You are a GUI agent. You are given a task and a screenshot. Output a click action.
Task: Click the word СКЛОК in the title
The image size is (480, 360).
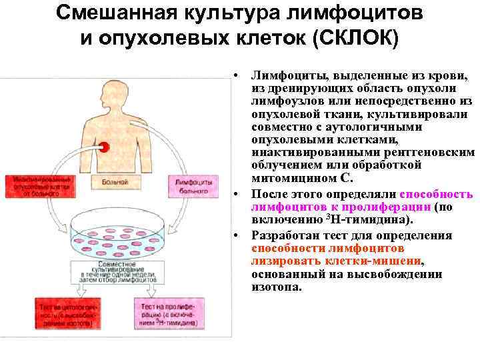pos(359,38)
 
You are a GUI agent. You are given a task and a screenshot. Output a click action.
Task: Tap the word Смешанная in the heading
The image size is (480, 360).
pos(115,13)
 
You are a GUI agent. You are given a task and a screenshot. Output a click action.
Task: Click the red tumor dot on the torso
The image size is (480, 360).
pos(104,147)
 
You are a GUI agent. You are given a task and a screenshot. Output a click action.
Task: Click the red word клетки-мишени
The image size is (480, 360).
pos(371,261)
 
